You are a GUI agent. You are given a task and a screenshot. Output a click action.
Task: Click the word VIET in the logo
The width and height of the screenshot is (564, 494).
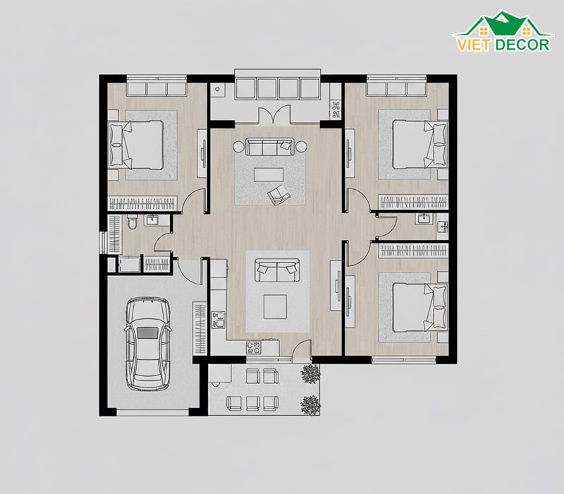click(x=473, y=44)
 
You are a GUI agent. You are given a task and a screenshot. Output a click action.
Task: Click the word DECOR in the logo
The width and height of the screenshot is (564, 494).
click(x=522, y=44)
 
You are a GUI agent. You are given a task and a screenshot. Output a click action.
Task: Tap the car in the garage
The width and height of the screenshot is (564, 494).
click(x=147, y=344)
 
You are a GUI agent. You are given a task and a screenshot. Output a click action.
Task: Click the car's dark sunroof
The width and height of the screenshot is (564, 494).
click(x=147, y=332)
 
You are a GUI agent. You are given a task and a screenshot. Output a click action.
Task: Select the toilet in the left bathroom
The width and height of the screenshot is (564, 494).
click(x=132, y=221)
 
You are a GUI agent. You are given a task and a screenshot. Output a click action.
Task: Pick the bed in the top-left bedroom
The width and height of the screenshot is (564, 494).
click(x=136, y=145)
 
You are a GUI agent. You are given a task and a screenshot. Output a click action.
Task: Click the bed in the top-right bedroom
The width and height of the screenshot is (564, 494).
click(x=419, y=144)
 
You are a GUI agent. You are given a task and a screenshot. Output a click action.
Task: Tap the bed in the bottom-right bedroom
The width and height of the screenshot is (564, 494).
click(x=419, y=307)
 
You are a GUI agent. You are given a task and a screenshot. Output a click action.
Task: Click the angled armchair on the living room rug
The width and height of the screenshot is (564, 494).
click(x=278, y=195)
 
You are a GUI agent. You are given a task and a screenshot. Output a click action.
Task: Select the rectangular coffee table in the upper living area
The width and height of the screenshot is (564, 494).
click(x=269, y=175)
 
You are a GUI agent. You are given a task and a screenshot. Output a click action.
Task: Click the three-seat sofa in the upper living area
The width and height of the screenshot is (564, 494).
click(x=271, y=147)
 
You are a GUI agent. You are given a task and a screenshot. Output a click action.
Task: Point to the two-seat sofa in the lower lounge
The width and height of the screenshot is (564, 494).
click(x=277, y=270)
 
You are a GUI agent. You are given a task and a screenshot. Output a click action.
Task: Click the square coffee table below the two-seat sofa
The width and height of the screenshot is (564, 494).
click(x=275, y=307)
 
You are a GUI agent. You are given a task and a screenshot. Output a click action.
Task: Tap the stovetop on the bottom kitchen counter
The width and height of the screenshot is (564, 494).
click(x=254, y=347)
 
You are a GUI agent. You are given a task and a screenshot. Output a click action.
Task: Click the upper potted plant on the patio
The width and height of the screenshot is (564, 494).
click(x=310, y=374)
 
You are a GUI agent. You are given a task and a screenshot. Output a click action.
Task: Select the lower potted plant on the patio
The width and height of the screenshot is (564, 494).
click(x=310, y=405)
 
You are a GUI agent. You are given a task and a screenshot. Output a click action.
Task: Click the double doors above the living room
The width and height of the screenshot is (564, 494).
click(x=274, y=114)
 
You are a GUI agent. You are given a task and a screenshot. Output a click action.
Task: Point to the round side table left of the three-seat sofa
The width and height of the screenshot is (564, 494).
click(x=238, y=147)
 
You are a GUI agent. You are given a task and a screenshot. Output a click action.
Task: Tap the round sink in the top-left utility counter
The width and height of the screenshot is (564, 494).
click(x=218, y=89)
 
